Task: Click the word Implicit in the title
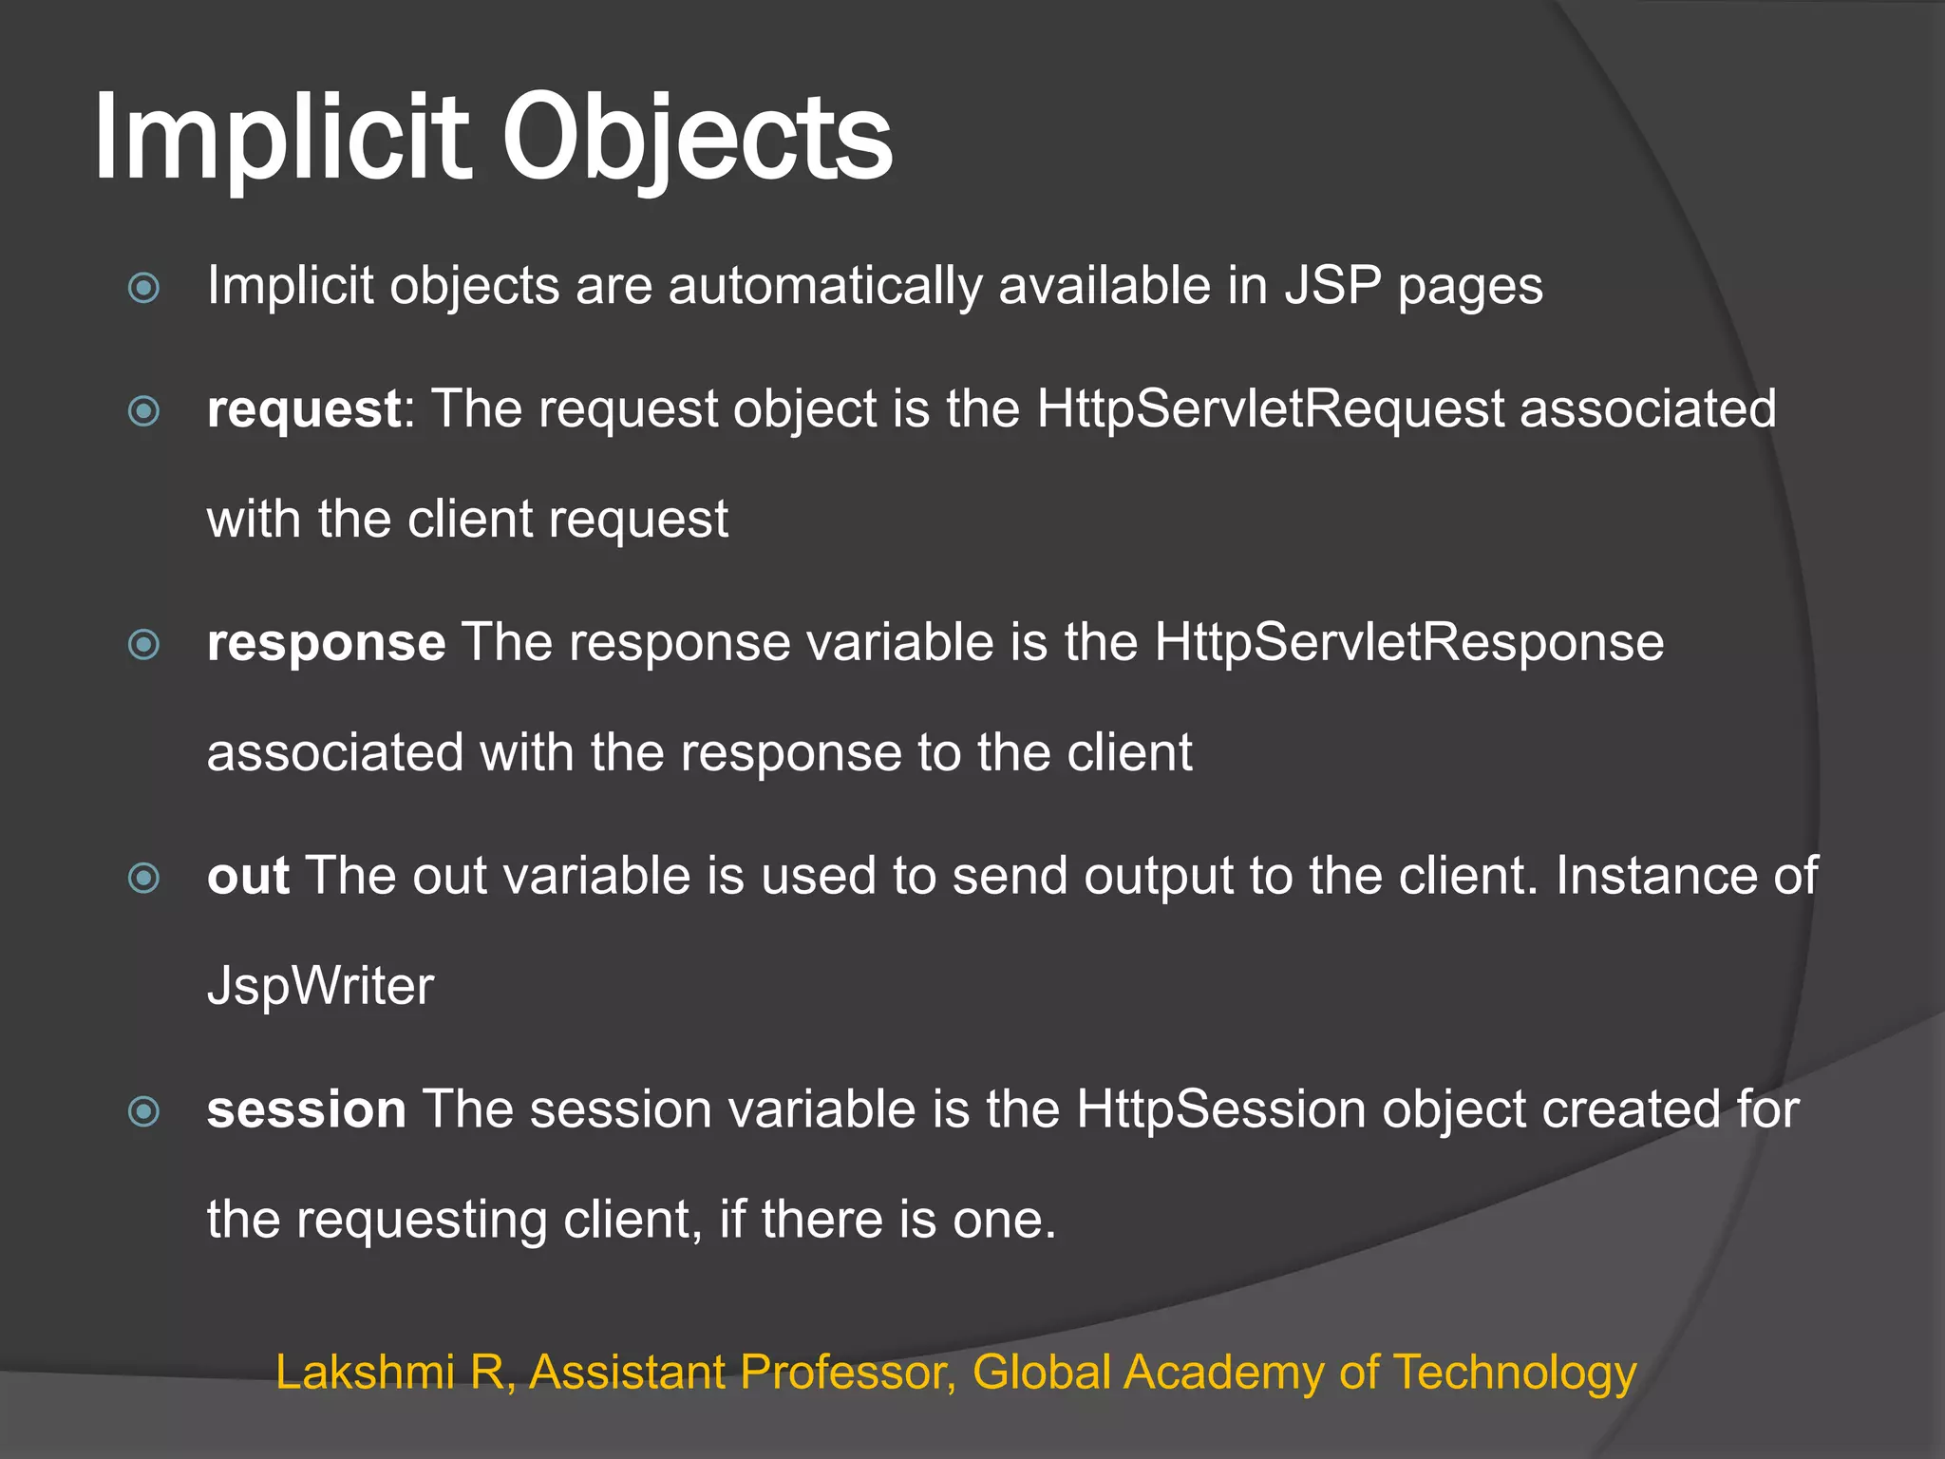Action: click(x=282, y=138)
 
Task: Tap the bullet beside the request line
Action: click(x=143, y=410)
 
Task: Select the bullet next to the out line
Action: click(x=143, y=877)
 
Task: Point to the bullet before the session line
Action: click(x=143, y=1110)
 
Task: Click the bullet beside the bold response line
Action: click(x=143, y=644)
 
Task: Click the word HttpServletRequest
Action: click(x=1270, y=409)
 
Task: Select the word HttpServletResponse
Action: click(x=1408, y=643)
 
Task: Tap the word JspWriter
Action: click(x=320, y=986)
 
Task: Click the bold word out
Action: click(x=248, y=876)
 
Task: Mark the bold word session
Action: click(x=307, y=1109)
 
